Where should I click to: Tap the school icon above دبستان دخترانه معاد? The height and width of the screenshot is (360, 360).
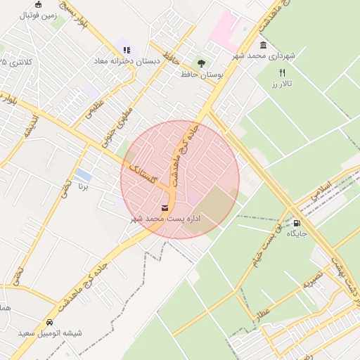[127, 50]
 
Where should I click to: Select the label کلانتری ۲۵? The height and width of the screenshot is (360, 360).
[18, 62]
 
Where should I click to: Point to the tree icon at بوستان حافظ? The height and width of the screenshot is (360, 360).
[201, 63]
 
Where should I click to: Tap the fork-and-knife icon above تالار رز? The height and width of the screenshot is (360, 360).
[283, 72]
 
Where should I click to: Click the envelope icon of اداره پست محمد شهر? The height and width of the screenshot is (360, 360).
[165, 208]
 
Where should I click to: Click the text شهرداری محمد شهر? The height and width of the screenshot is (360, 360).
[265, 56]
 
